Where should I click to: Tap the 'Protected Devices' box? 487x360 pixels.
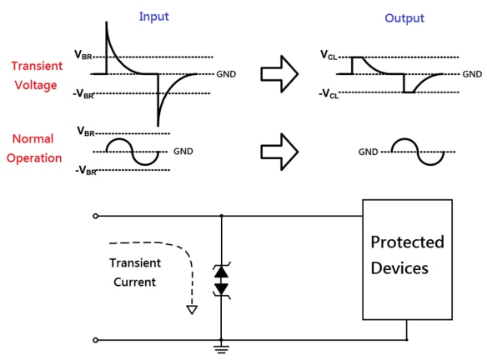tap(407, 258)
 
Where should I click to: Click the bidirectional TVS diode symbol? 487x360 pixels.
tap(221, 279)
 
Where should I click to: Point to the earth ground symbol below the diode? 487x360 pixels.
tap(221, 348)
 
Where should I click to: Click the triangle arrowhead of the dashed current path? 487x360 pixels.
tap(192, 309)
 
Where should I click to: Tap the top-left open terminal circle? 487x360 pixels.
tap(96, 216)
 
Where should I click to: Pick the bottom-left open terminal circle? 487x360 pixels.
tap(96, 340)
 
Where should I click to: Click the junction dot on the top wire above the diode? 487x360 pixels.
tap(221, 216)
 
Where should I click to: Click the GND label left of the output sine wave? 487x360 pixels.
tap(369, 152)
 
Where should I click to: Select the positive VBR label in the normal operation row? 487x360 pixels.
tap(86, 132)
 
